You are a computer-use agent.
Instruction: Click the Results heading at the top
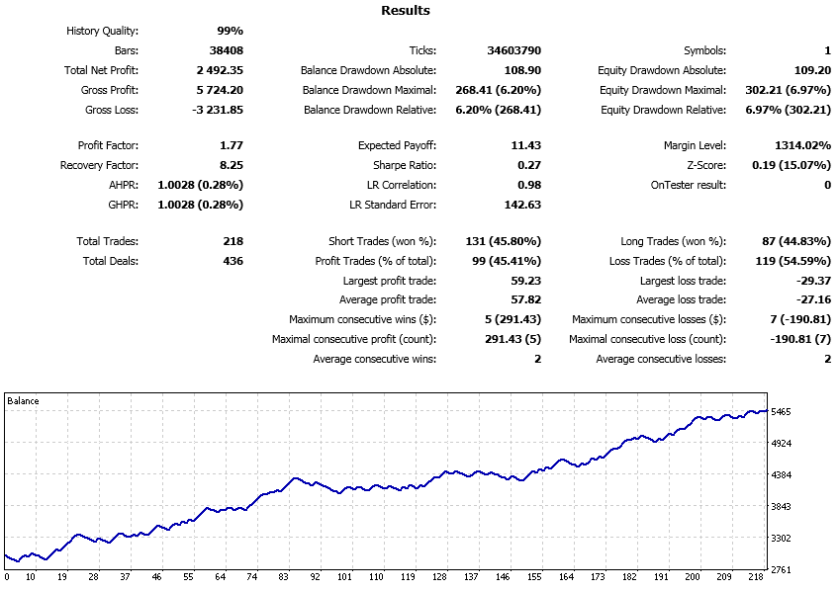(x=406, y=11)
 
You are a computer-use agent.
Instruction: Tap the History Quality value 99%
(x=230, y=31)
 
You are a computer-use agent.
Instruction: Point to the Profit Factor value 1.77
(x=230, y=145)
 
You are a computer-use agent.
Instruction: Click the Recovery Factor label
(x=99, y=165)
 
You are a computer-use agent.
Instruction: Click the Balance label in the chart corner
(x=24, y=400)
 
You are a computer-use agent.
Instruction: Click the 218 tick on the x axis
(x=755, y=576)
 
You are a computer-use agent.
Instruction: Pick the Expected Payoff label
(x=396, y=145)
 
